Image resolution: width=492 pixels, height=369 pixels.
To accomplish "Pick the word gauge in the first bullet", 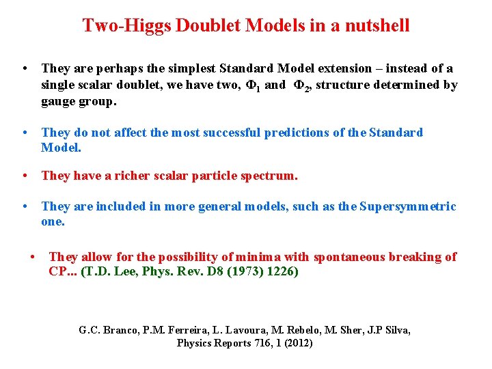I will click(x=57, y=102).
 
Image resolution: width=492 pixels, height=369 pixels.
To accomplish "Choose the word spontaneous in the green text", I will click(x=349, y=257).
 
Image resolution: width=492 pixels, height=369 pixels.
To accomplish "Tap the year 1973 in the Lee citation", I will click(x=246, y=271).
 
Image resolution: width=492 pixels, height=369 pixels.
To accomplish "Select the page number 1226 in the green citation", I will click(x=282, y=271).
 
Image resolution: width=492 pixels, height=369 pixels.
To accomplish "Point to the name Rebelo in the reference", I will click(x=294, y=330).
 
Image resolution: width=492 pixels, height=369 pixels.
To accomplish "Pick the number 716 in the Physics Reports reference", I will click(x=269, y=343).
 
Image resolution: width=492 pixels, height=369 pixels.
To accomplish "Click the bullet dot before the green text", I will click(x=31, y=257).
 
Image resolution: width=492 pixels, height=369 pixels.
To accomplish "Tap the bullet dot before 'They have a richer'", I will click(x=25, y=176).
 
